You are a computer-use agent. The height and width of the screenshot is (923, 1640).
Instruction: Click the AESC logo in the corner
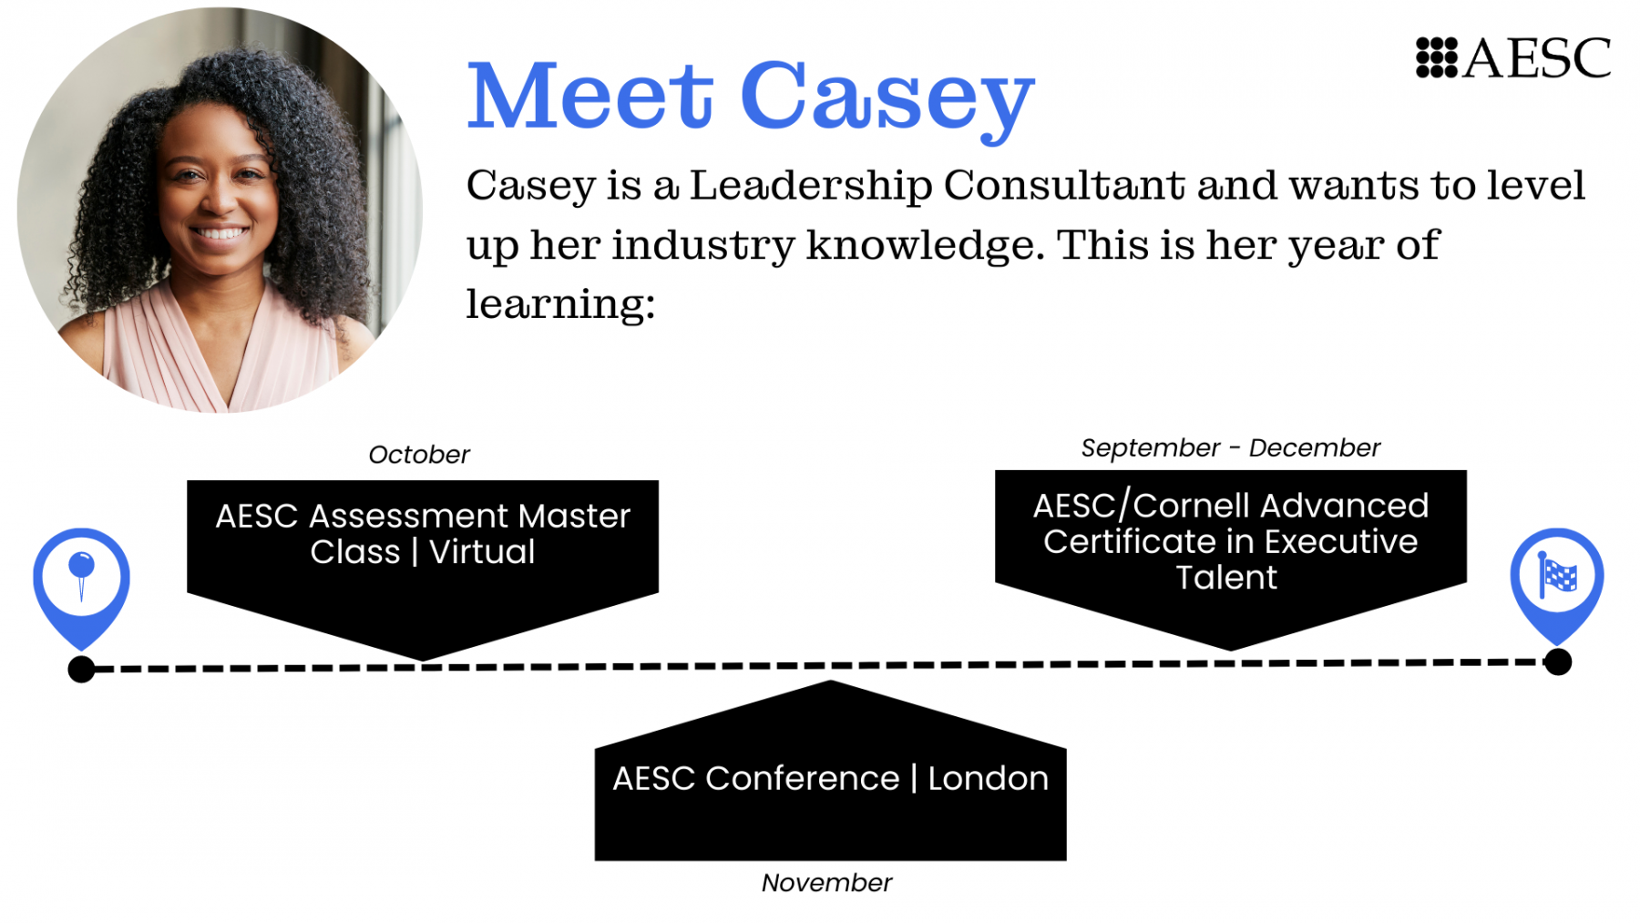[1513, 58]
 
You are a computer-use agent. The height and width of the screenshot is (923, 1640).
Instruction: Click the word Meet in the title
[589, 96]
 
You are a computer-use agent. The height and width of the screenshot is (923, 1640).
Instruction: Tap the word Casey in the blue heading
[887, 101]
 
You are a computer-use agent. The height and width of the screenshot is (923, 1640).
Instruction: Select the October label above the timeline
[419, 454]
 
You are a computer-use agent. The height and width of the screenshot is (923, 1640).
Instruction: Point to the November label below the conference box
[826, 882]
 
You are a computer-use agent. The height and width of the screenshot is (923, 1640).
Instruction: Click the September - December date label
[1231, 447]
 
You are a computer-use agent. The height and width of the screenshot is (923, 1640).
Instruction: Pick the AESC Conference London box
[830, 771]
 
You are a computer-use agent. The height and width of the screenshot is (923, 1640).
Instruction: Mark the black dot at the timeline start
[81, 669]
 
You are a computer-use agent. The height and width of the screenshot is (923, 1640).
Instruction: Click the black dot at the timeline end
[1558, 661]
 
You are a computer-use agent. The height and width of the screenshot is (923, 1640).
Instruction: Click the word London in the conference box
[988, 778]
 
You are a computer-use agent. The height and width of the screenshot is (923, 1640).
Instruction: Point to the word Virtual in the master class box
[482, 551]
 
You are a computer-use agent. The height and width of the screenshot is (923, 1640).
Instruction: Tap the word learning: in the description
[560, 304]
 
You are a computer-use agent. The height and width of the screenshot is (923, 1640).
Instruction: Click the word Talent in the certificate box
[1226, 577]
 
